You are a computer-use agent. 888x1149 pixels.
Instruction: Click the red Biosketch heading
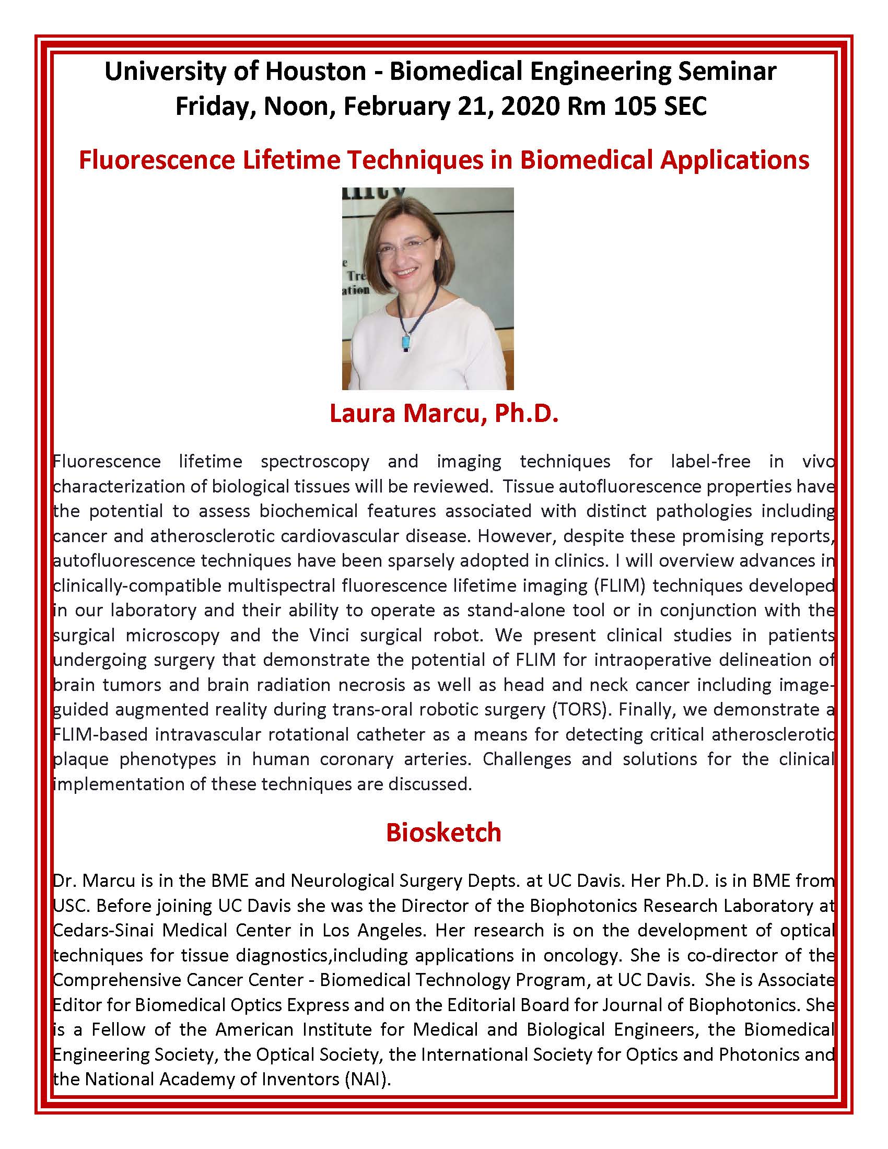click(443, 833)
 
